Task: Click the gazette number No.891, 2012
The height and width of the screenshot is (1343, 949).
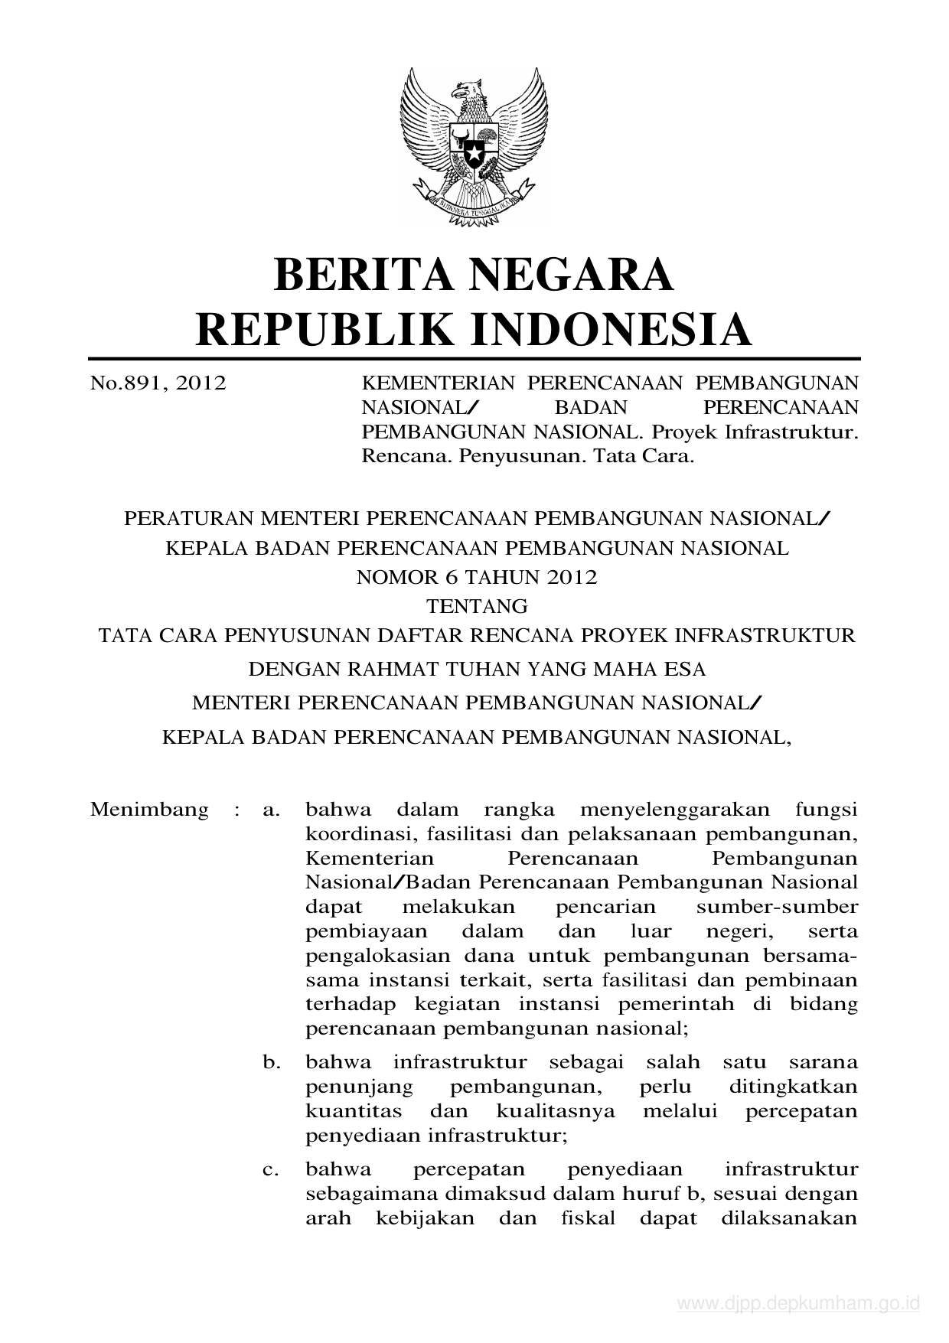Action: tap(158, 383)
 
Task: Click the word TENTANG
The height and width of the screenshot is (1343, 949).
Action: tap(477, 607)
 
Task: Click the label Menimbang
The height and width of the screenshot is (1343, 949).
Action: tap(149, 810)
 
